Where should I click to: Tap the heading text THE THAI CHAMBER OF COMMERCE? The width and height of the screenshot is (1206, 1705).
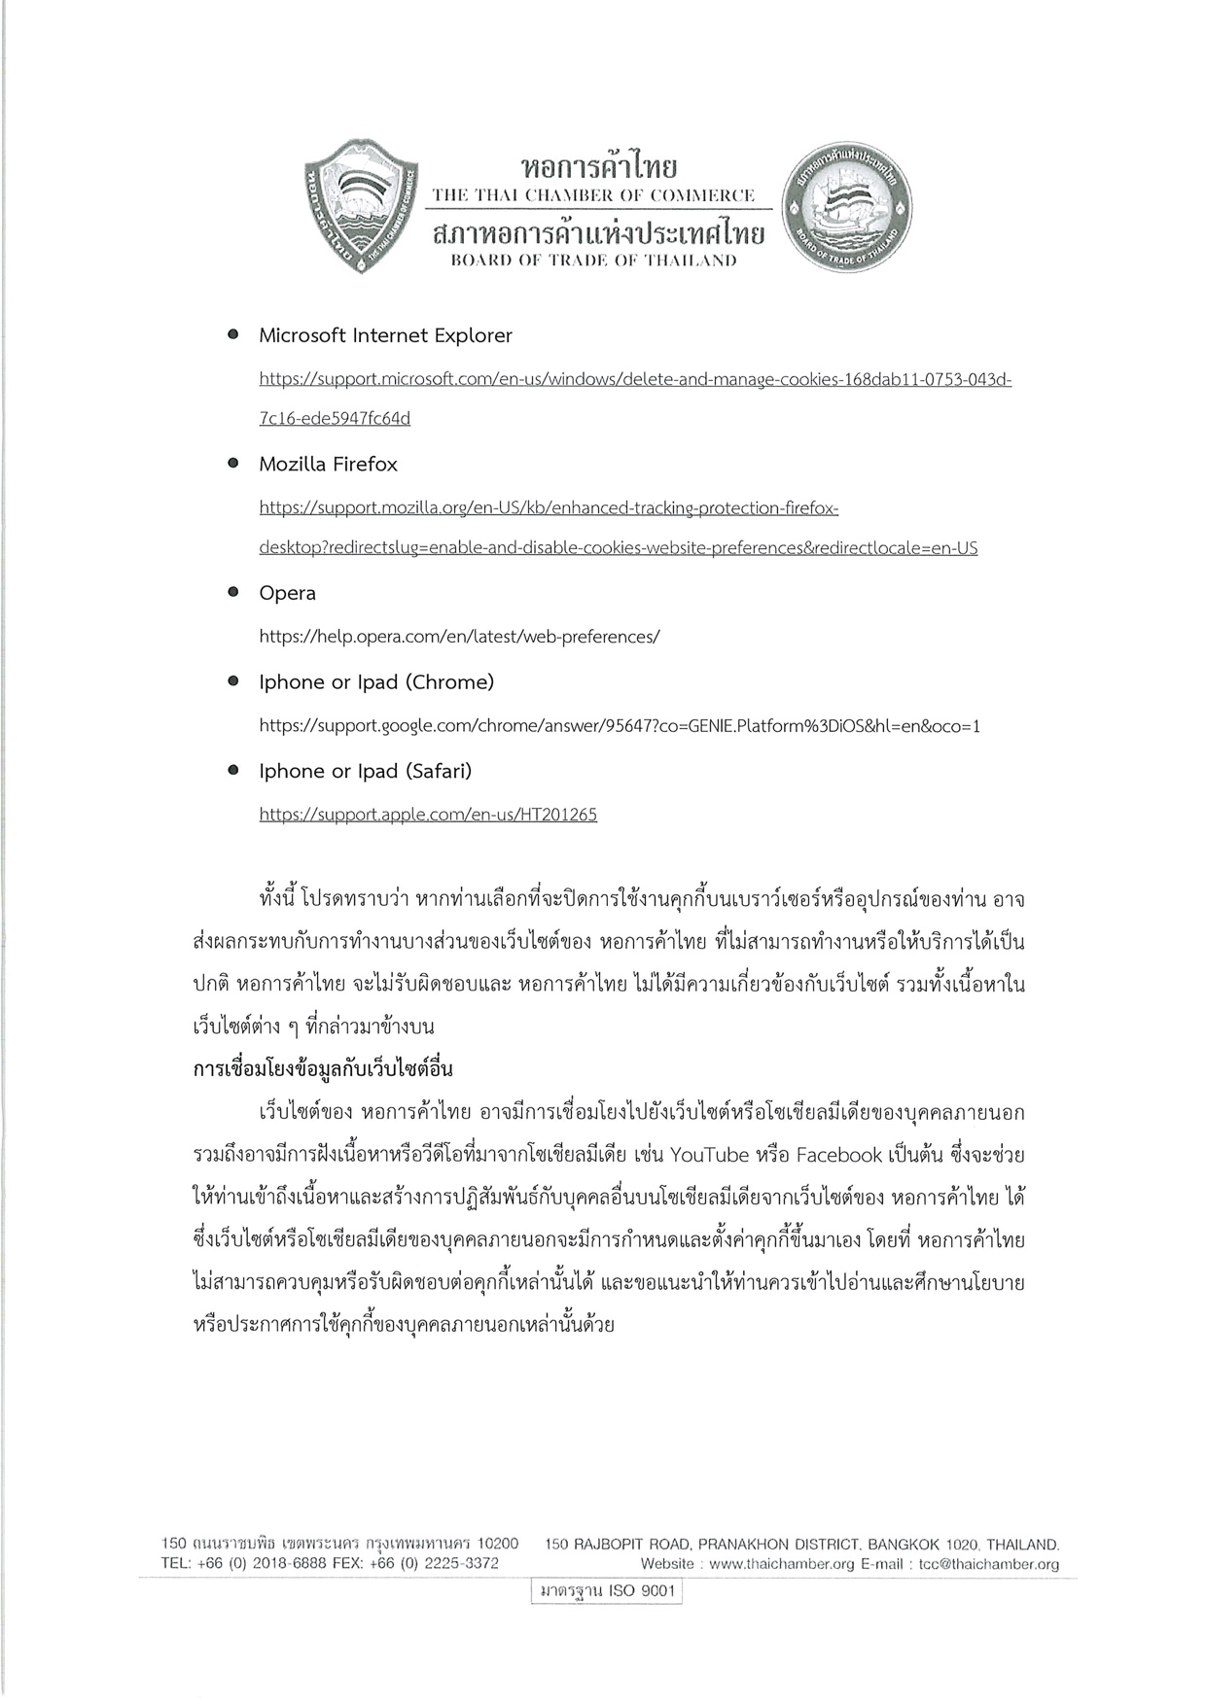[x=593, y=195]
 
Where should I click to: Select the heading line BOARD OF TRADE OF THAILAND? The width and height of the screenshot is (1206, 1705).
[x=593, y=261]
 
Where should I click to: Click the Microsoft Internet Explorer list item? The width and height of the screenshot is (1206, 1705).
[x=385, y=335]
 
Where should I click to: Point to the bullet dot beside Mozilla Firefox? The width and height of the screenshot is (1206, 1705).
[x=233, y=464]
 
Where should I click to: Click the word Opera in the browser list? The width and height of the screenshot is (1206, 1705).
[x=287, y=593]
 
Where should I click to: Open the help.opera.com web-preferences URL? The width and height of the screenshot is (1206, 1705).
[x=459, y=637]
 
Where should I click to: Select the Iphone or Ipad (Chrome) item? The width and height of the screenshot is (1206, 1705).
[x=376, y=682]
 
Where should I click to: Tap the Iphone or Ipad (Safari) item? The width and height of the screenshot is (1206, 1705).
[x=365, y=771]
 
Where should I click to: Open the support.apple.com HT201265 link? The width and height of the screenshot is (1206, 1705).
[x=428, y=815]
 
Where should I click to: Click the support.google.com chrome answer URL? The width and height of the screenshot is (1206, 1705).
[x=620, y=726]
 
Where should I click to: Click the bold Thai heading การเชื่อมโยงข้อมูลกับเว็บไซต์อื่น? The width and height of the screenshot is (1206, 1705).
[x=324, y=1069]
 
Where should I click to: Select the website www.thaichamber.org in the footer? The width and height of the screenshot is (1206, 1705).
[x=781, y=1564]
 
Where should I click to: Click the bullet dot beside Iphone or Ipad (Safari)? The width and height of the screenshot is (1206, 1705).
[x=233, y=770]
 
